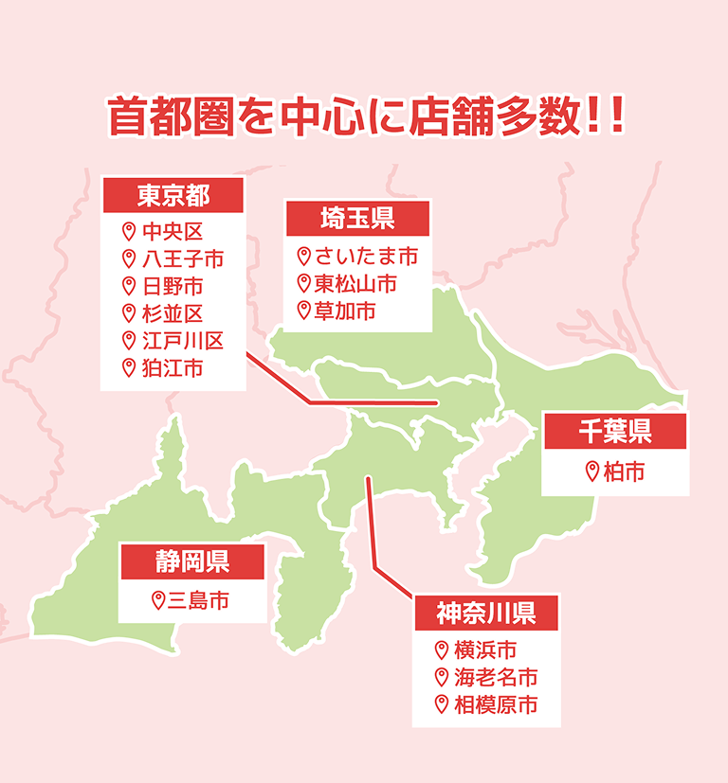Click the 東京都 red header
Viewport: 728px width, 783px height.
[x=173, y=195]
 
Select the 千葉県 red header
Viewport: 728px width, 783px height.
[x=614, y=431]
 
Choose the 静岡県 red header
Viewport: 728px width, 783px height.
[x=191, y=561]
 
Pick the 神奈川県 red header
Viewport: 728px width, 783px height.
[x=486, y=613]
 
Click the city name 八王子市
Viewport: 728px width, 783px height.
[x=183, y=258]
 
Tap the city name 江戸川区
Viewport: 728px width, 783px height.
[x=183, y=341]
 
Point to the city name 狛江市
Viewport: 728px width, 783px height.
[x=172, y=368]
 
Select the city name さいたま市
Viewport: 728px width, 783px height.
[x=366, y=256]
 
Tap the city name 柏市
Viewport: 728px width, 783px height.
[x=624, y=471]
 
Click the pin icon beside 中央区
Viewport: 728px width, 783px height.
[x=129, y=231]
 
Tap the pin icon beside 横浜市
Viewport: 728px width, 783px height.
[x=441, y=650]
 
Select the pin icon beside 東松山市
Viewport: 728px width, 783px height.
[x=303, y=283]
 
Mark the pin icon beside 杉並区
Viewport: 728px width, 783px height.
[x=129, y=313]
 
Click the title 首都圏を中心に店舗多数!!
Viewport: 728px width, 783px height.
[x=365, y=116]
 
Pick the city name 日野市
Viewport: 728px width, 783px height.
[x=172, y=286]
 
